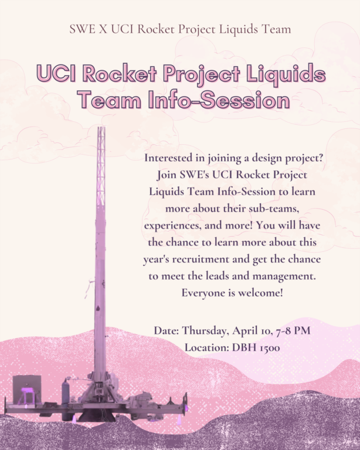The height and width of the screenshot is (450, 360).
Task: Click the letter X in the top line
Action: click(103, 29)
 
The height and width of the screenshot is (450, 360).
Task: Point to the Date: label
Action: click(167, 330)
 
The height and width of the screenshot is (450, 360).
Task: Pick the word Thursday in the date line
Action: click(206, 330)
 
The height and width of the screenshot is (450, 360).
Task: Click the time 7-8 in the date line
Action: click(282, 330)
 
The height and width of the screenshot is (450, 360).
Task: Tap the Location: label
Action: click(207, 347)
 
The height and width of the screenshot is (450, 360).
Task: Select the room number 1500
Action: click(270, 348)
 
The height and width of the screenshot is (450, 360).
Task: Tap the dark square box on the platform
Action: click(27, 389)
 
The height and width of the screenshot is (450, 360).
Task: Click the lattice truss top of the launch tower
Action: click(101, 166)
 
